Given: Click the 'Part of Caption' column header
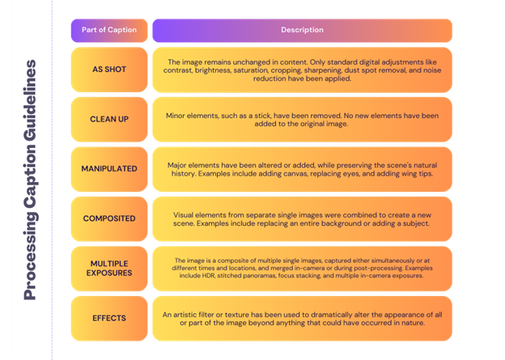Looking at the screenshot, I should click(x=109, y=30).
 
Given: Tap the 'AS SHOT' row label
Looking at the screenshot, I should click(x=110, y=70).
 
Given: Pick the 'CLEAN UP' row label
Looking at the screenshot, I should click(x=110, y=119).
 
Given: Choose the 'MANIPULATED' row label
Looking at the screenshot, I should click(x=110, y=168).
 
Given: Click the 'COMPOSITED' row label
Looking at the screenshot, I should click(x=110, y=218).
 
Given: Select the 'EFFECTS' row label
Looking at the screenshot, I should click(x=110, y=319).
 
